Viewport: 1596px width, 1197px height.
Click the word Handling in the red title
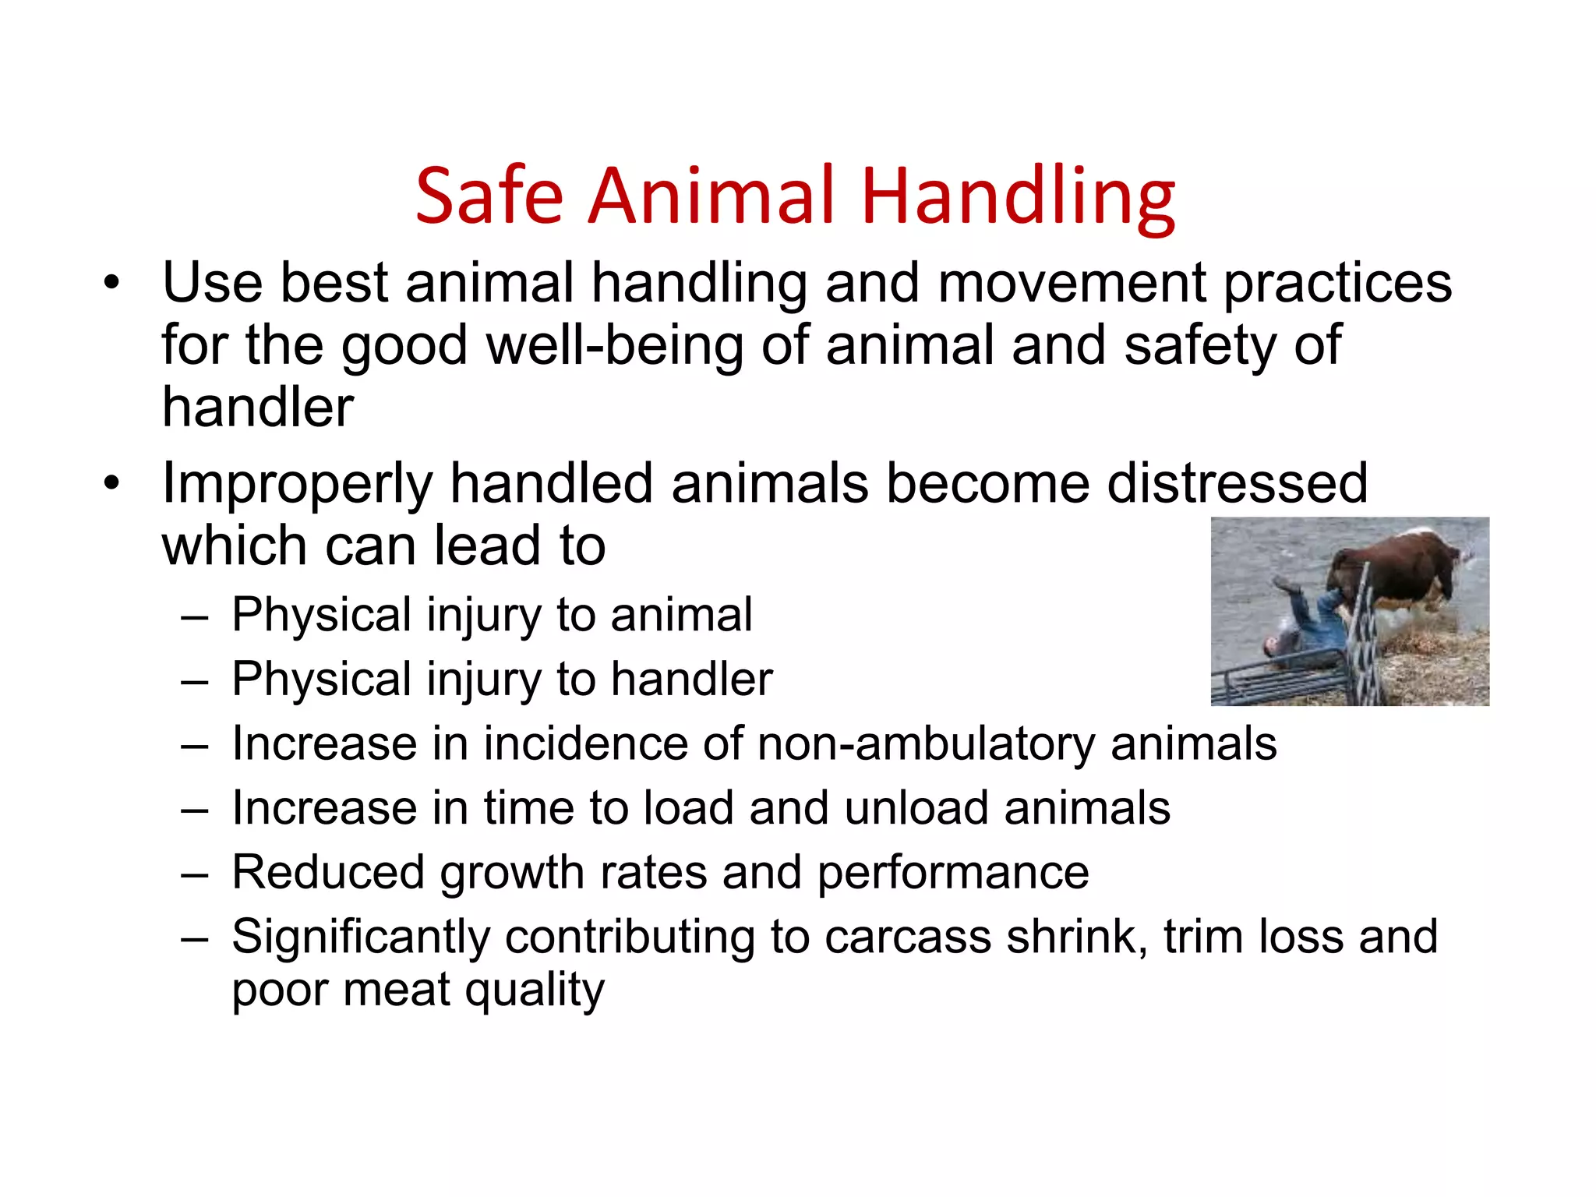[1017, 196]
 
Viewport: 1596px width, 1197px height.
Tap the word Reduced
[327, 872]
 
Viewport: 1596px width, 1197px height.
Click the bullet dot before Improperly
[112, 483]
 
